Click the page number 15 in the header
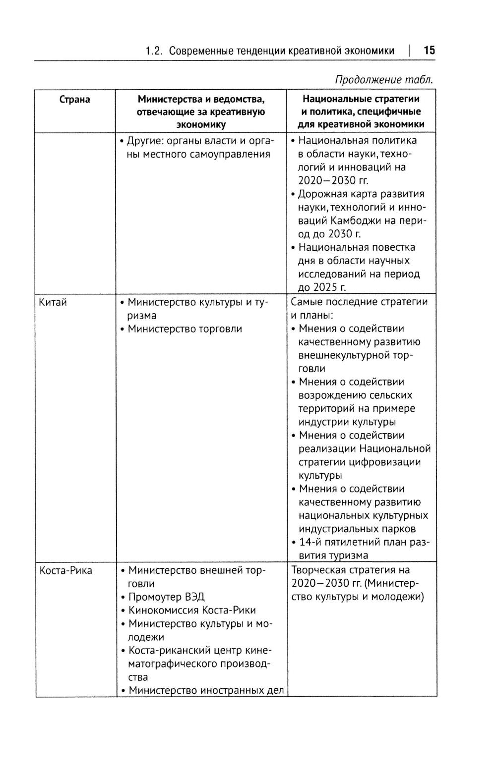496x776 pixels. tap(429, 51)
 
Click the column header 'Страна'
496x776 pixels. tap(74, 99)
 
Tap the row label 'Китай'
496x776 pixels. tap(53, 302)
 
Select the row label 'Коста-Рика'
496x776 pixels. tap(65, 570)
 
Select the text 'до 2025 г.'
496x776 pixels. tap(322, 287)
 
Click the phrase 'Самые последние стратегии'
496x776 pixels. tap(359, 302)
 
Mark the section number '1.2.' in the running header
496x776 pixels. tap(154, 51)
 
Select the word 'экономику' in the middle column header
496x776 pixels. tap(200, 125)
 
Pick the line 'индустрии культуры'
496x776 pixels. tap(347, 422)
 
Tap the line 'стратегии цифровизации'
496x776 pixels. tap(360, 462)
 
